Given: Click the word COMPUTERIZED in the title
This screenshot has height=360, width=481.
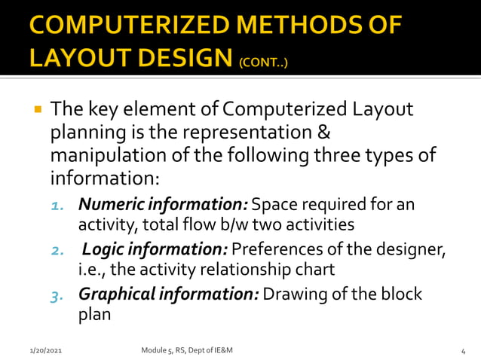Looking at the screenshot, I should point(123,26).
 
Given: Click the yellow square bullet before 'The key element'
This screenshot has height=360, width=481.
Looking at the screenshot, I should point(36,110).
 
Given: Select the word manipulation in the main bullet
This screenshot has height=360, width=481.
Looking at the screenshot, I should point(99,157).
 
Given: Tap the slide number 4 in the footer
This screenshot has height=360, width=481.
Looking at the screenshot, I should point(461,350).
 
